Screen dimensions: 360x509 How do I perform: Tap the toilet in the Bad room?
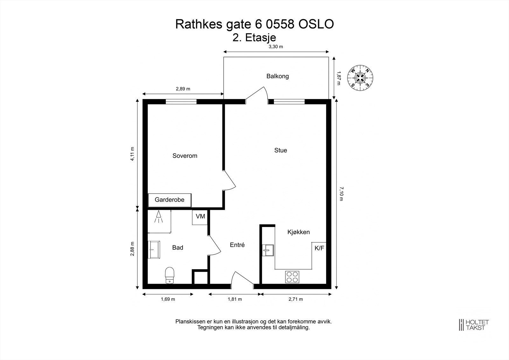(x=170, y=275)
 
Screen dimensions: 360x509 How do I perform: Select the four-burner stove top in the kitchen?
(x=292, y=276)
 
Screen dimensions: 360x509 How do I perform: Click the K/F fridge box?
(x=319, y=248)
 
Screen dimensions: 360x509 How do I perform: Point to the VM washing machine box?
(x=200, y=217)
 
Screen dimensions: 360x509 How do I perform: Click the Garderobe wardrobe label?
(x=170, y=200)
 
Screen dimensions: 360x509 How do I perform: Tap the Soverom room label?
(x=185, y=156)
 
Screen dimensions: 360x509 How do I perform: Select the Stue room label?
(x=281, y=150)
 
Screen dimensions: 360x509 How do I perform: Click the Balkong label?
(x=277, y=76)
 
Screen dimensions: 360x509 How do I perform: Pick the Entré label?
(x=237, y=245)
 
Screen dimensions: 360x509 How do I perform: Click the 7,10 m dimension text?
(x=341, y=194)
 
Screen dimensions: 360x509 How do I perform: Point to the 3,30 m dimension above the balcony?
(x=276, y=46)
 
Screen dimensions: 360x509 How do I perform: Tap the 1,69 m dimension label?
(x=168, y=299)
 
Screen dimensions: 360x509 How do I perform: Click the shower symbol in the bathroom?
(x=159, y=218)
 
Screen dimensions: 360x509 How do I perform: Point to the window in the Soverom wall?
(x=181, y=102)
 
